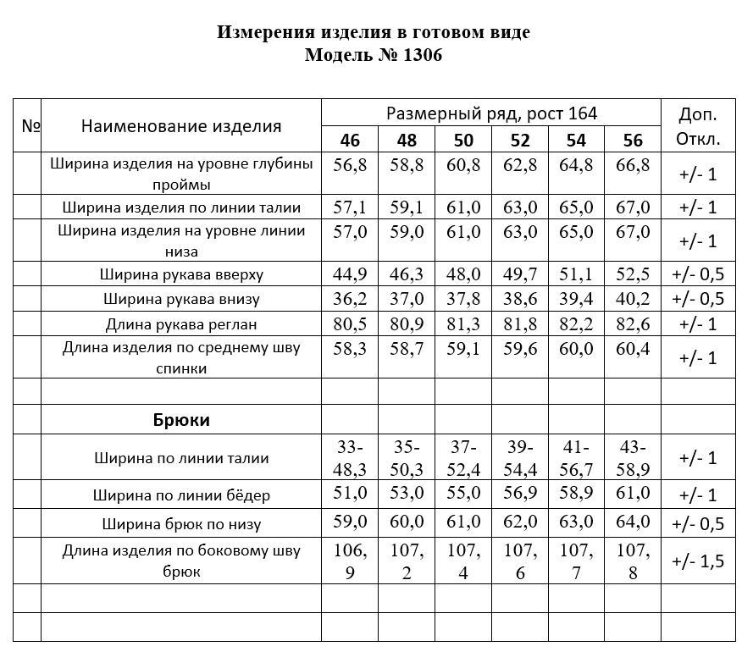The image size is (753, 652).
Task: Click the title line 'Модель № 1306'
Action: pos(373,56)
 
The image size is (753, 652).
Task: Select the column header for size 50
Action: pos(463,140)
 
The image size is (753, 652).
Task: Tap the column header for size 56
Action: pos(632,140)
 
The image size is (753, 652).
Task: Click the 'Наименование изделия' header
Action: pos(181,126)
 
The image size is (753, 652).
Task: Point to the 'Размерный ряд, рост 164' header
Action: pos(491,113)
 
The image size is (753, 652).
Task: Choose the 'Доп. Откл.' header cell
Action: pos(699,126)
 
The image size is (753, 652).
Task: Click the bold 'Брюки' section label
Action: pos(181,419)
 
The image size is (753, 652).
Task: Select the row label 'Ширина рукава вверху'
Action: pos(181,274)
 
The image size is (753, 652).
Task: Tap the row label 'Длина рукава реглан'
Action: pos(181,323)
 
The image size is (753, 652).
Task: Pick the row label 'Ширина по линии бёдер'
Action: pos(181,495)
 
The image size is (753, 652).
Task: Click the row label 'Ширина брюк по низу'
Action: pos(181,523)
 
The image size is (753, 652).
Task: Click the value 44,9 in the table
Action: pos(350,274)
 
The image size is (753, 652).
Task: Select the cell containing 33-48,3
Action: pos(350,457)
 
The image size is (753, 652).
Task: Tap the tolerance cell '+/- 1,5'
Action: pos(699,561)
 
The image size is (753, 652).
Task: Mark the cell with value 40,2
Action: pos(632,298)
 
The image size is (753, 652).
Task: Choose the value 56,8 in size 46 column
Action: pos(350,165)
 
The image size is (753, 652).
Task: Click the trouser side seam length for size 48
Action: pos(407,561)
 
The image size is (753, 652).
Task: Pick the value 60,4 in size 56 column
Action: pos(632,348)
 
